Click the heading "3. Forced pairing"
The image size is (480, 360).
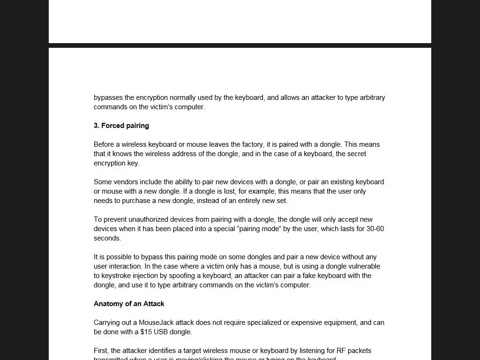(x=121, y=126)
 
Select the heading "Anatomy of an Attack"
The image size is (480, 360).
(x=129, y=304)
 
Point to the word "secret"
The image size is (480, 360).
(x=357, y=154)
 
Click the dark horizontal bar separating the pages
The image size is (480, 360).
(x=240, y=45)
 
